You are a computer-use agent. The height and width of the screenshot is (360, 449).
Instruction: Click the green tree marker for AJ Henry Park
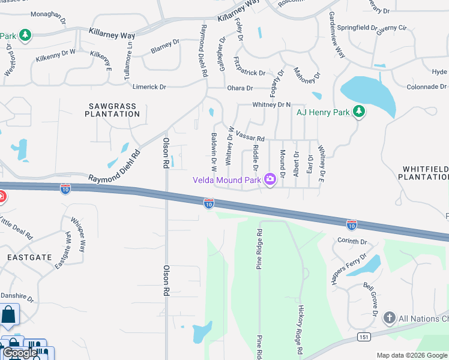(x=358, y=111)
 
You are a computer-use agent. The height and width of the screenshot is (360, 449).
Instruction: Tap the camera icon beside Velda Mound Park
(x=270, y=179)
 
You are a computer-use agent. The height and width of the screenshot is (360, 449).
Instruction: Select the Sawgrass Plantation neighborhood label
(x=112, y=110)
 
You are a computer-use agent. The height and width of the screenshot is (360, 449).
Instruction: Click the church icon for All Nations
(x=390, y=318)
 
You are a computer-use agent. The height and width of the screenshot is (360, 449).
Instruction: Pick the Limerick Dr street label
(x=149, y=87)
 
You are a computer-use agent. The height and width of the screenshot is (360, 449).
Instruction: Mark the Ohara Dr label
(x=240, y=88)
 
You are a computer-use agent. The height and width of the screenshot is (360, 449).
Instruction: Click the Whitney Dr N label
(x=271, y=104)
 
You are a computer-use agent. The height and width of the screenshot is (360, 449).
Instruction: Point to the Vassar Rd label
(x=250, y=134)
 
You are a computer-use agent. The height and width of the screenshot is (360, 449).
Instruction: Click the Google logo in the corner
(x=20, y=353)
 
